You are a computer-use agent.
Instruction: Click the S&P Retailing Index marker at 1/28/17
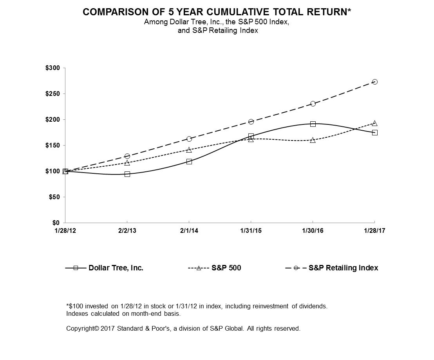coord(374,82)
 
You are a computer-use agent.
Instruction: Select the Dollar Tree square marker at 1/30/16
coord(313,124)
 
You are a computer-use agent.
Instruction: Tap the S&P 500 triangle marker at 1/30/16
coord(313,140)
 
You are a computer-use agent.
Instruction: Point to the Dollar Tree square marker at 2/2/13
coord(127,174)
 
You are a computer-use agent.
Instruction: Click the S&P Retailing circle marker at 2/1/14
coord(189,139)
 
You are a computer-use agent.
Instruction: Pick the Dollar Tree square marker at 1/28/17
coord(374,133)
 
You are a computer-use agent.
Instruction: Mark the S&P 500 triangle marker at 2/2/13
coord(127,163)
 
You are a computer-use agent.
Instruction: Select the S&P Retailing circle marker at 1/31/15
coord(251,122)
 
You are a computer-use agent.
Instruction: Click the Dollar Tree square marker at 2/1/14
coord(189,162)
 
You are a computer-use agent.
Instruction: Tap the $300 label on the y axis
coord(52,68)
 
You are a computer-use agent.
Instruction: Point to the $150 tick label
coord(52,146)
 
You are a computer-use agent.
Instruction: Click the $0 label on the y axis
coord(56,223)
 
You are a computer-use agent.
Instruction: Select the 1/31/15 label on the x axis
coord(251,231)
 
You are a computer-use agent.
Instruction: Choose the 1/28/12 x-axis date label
coord(65,231)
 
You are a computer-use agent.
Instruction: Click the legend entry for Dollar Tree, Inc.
coord(116,268)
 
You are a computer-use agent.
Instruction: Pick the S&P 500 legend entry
coord(226,268)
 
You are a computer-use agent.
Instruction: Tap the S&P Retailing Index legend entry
coord(343,268)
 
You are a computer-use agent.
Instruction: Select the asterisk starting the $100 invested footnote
coord(67,306)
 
